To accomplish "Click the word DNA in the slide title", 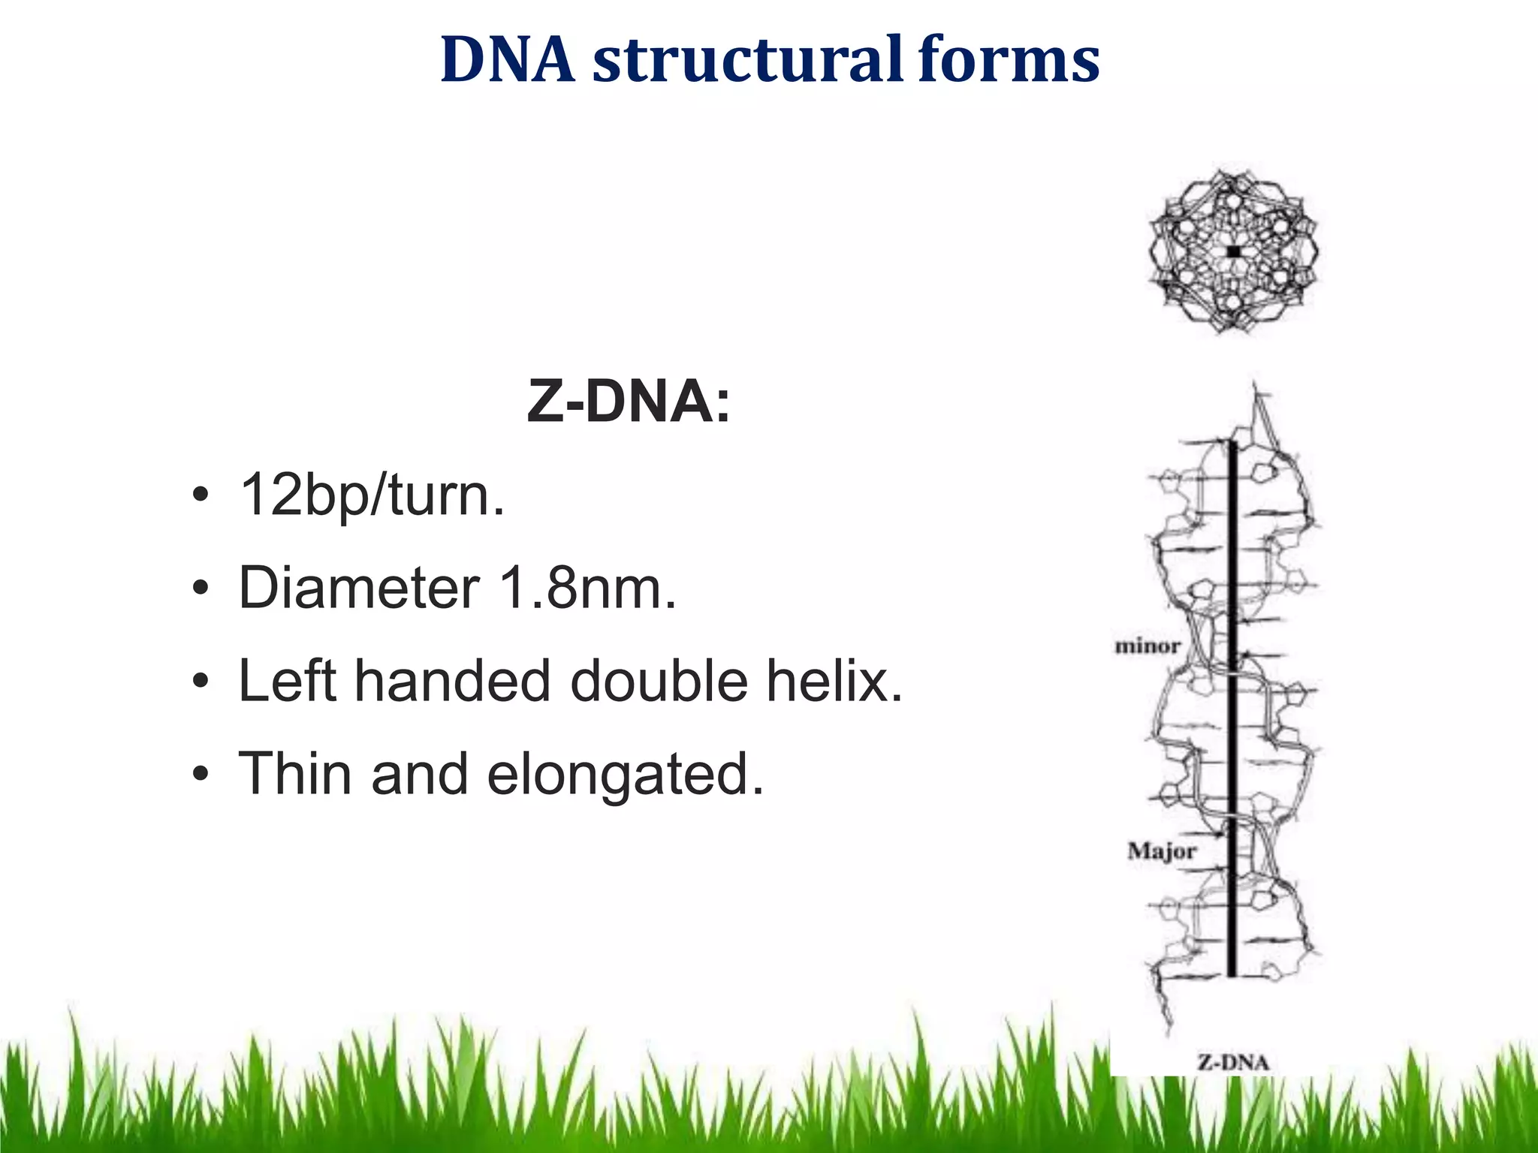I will (x=508, y=60).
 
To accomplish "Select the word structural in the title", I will (x=747, y=60).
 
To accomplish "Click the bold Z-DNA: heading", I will (x=628, y=402).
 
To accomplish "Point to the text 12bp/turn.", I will (x=372, y=495).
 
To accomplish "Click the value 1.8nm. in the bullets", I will (x=587, y=588).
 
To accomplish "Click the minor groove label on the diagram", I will (x=1147, y=646).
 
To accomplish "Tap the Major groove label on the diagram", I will (x=1161, y=851).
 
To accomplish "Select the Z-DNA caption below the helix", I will (x=1233, y=1062).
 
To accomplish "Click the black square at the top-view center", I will (x=1233, y=252).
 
